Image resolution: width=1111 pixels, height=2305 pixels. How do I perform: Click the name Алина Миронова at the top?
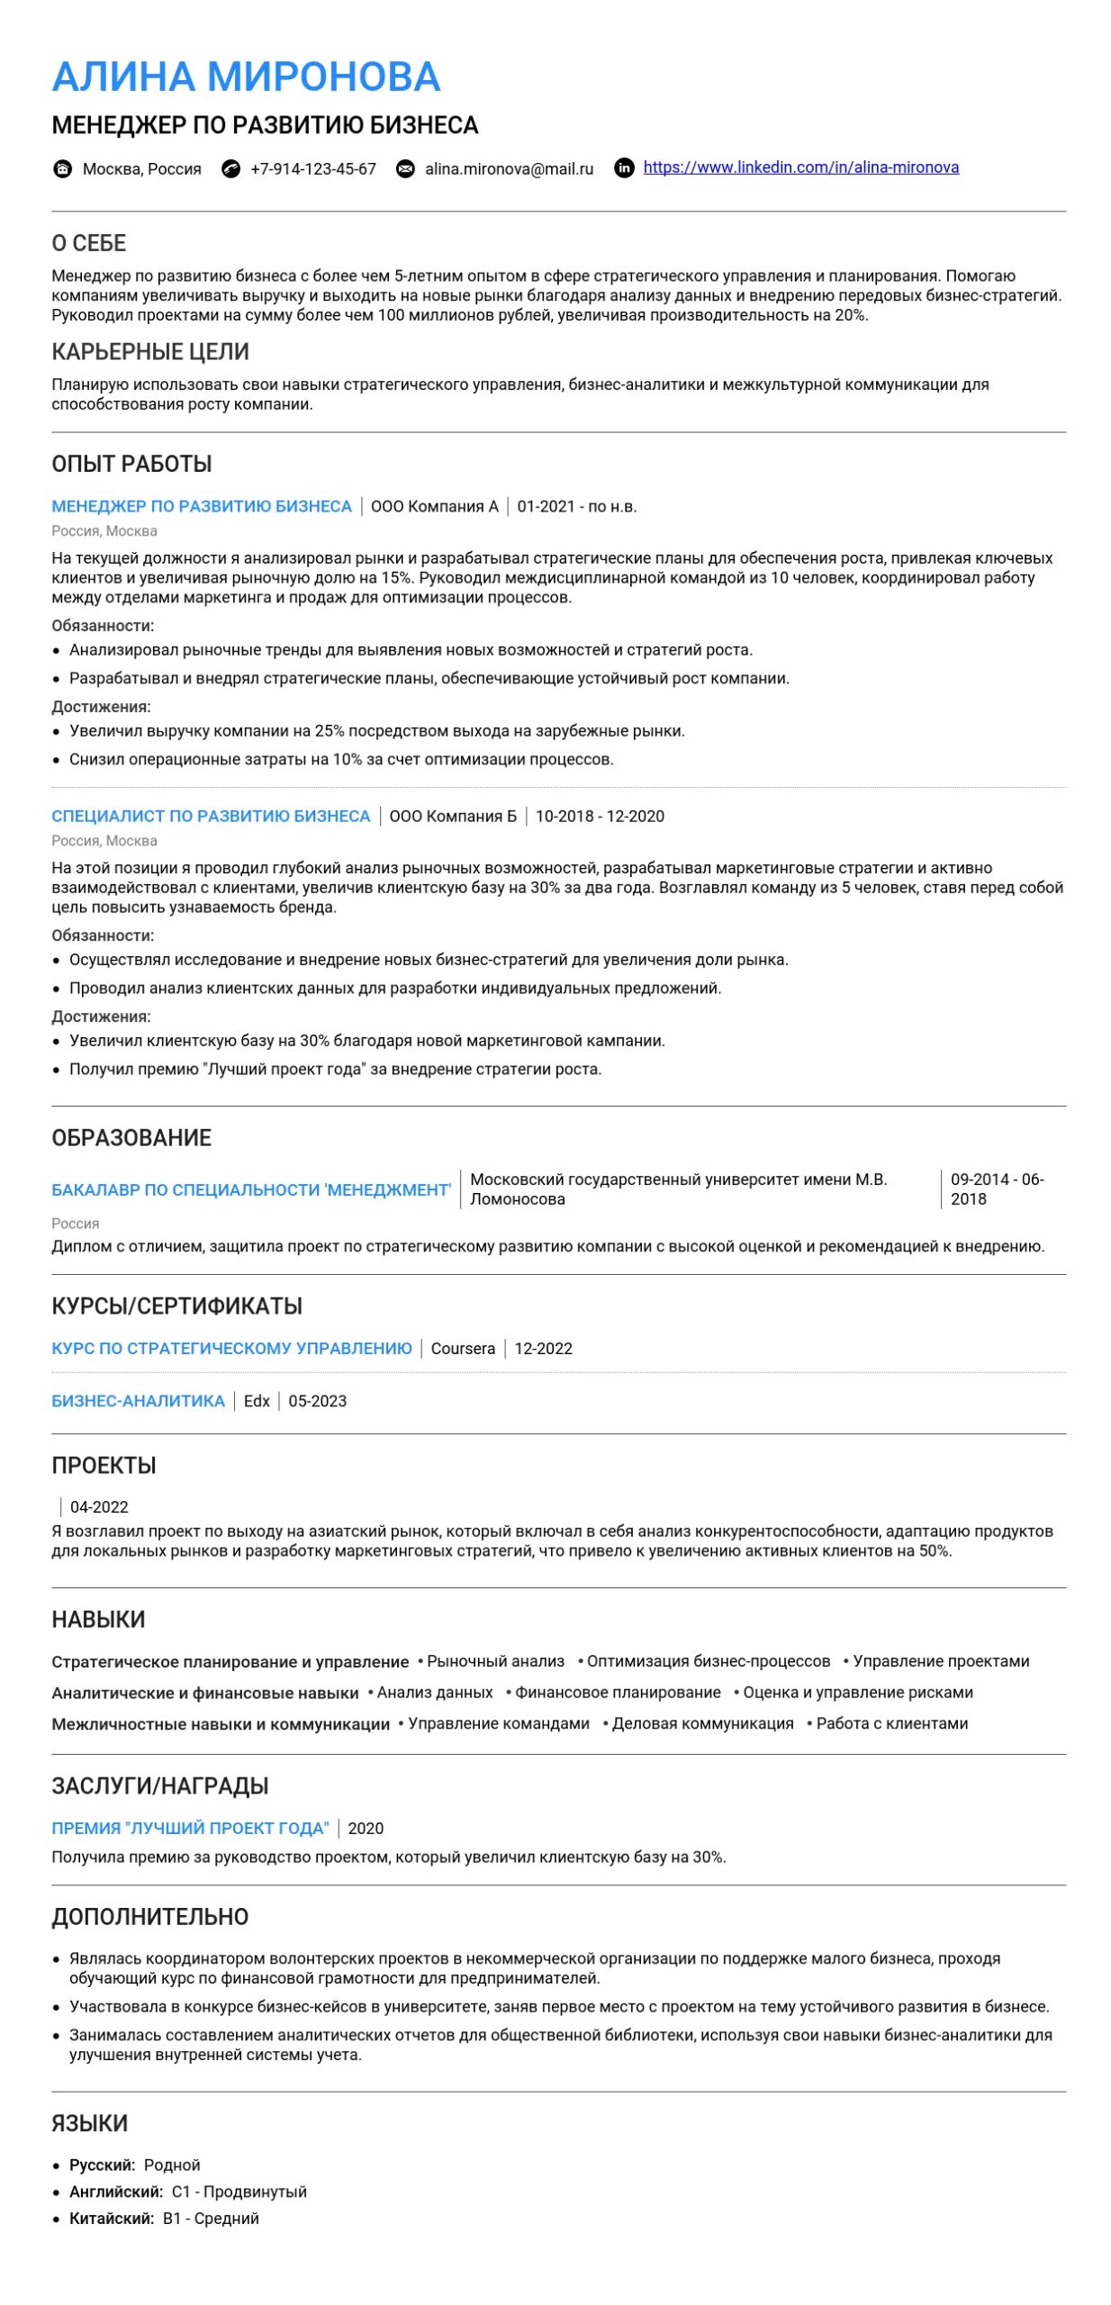246,77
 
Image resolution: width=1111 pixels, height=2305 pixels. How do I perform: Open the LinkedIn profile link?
800,167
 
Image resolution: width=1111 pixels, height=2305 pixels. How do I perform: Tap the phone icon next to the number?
231,168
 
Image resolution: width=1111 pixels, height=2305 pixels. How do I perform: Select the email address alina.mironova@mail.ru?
509,168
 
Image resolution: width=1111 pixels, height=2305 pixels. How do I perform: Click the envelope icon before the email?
406,168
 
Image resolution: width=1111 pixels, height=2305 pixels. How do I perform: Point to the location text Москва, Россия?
141,168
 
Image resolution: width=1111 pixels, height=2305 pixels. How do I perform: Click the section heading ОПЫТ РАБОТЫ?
131,464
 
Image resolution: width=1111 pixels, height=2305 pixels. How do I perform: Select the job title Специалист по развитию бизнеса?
211,816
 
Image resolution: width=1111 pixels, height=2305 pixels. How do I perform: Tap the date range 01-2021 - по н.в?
576,506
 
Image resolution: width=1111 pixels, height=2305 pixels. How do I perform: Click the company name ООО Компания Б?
453,816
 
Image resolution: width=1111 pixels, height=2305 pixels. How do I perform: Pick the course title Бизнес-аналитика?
138,1400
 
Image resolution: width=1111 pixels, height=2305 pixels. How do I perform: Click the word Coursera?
463,1348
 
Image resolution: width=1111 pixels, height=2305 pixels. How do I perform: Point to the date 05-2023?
317,1400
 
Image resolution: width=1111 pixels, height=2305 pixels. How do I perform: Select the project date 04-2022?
99,1506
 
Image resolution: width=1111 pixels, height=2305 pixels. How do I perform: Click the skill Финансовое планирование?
618,1692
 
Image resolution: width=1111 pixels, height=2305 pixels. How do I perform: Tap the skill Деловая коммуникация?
702,1723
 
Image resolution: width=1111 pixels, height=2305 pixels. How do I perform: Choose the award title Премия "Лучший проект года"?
190,1828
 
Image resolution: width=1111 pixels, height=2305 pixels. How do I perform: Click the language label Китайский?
111,2218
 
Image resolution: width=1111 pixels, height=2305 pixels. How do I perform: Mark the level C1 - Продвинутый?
239,2191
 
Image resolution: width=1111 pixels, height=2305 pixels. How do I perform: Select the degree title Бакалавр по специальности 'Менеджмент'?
251,1189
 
